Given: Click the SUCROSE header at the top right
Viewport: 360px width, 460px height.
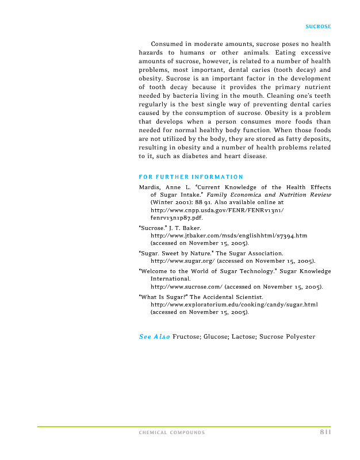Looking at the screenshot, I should [x=318, y=27].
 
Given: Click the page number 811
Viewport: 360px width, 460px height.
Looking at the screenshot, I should [x=325, y=432].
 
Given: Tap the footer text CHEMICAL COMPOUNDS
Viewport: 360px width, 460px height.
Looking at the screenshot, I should [x=171, y=433].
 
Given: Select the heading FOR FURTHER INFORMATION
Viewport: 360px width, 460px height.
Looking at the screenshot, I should [x=191, y=177].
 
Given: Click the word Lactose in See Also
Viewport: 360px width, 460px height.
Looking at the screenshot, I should [x=243, y=336].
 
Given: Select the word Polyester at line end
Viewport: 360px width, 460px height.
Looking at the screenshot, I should [x=300, y=336].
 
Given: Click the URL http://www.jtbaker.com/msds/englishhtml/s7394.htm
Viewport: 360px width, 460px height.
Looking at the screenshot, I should [x=228, y=236].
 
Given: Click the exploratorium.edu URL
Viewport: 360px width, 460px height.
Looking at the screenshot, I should [x=233, y=304].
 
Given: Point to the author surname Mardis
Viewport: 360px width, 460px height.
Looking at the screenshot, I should [x=150, y=187].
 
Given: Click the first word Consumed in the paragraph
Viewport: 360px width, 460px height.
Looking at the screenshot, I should [x=166, y=44].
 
